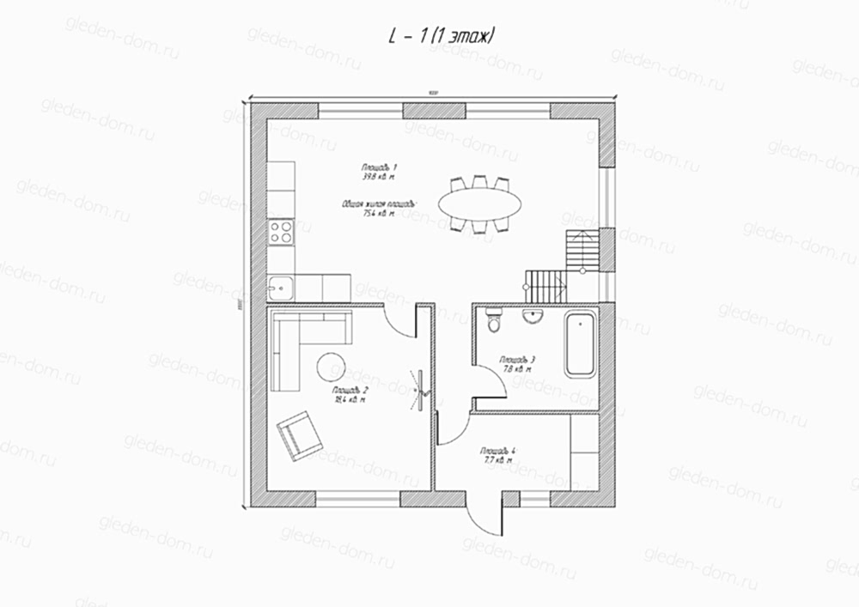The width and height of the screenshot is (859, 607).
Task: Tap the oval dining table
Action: pyautogui.click(x=480, y=203)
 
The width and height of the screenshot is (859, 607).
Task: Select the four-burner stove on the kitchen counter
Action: pyautogui.click(x=281, y=230)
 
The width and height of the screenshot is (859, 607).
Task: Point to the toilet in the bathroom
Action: pyautogui.click(x=492, y=323)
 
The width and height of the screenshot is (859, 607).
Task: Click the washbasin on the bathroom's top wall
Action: pyautogui.click(x=533, y=317)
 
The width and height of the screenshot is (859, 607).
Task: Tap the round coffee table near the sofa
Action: pyautogui.click(x=331, y=367)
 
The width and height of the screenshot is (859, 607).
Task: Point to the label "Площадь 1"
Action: pyautogui.click(x=379, y=167)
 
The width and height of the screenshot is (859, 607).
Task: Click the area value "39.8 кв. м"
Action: pyautogui.click(x=379, y=177)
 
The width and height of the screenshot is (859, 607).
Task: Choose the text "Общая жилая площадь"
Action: pyautogui.click(x=378, y=204)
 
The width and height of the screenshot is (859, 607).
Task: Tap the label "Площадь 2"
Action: pyautogui.click(x=351, y=391)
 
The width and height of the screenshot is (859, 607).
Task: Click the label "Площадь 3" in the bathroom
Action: pyautogui.click(x=518, y=360)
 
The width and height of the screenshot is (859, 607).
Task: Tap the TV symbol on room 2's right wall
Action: pyautogui.click(x=421, y=388)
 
